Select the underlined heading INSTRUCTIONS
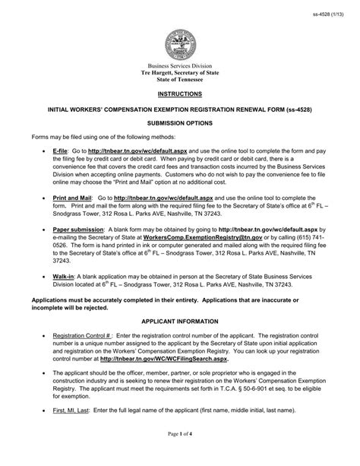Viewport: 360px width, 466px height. point(180,94)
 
